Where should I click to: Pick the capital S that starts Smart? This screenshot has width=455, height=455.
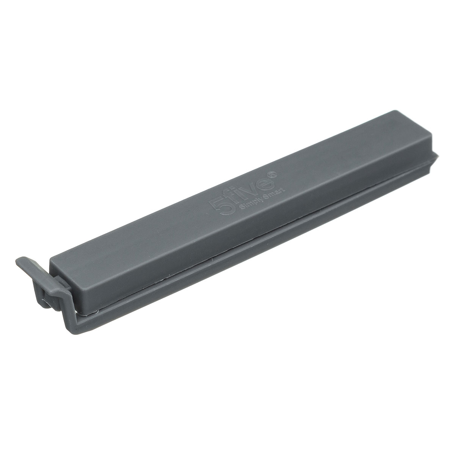pyautogui.click(x=268, y=195)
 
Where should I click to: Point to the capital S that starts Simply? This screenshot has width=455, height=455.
pyautogui.click(x=241, y=206)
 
